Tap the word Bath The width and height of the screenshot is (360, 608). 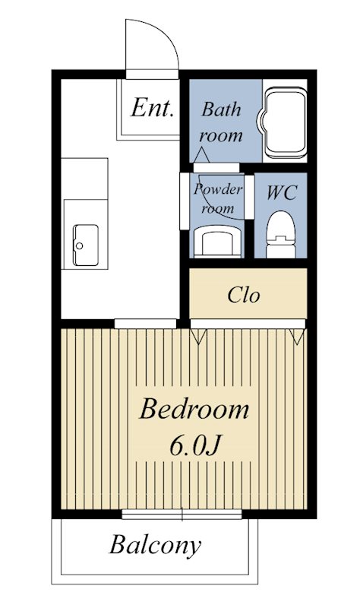click(x=221, y=109)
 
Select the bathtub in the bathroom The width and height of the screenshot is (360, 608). click(x=285, y=122)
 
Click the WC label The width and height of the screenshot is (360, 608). click(x=282, y=192)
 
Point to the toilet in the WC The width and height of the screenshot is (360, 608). click(x=281, y=234)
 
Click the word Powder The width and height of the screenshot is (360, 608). click(x=218, y=189)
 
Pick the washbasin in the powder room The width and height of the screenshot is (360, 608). click(x=217, y=242)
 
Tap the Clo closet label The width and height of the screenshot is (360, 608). click(x=243, y=295)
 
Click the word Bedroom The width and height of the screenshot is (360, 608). click(x=194, y=410)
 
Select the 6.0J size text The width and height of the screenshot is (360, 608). click(x=195, y=447)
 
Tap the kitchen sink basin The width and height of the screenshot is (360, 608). click(x=86, y=245)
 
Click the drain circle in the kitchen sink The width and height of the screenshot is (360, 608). click(x=80, y=245)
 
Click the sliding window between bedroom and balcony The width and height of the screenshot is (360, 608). click(x=182, y=515)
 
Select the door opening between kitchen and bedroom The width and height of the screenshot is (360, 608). click(x=145, y=324)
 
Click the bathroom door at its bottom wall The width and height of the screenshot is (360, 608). click(x=216, y=167)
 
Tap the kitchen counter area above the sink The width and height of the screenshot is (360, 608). click(x=84, y=179)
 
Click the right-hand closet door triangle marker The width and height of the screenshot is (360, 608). click(x=297, y=337)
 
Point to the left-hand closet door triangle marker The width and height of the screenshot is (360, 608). click(x=198, y=337)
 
